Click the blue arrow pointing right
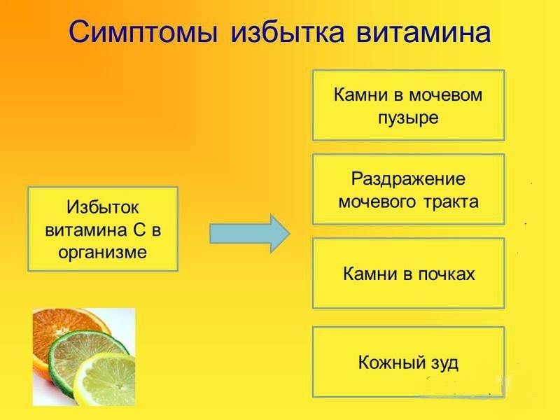tap(250, 233)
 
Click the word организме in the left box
tap(102, 252)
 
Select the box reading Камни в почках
tap(408, 273)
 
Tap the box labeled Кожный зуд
tap(408, 362)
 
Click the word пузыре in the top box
tap(408, 117)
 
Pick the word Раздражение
tap(408, 178)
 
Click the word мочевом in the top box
tap(449, 94)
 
